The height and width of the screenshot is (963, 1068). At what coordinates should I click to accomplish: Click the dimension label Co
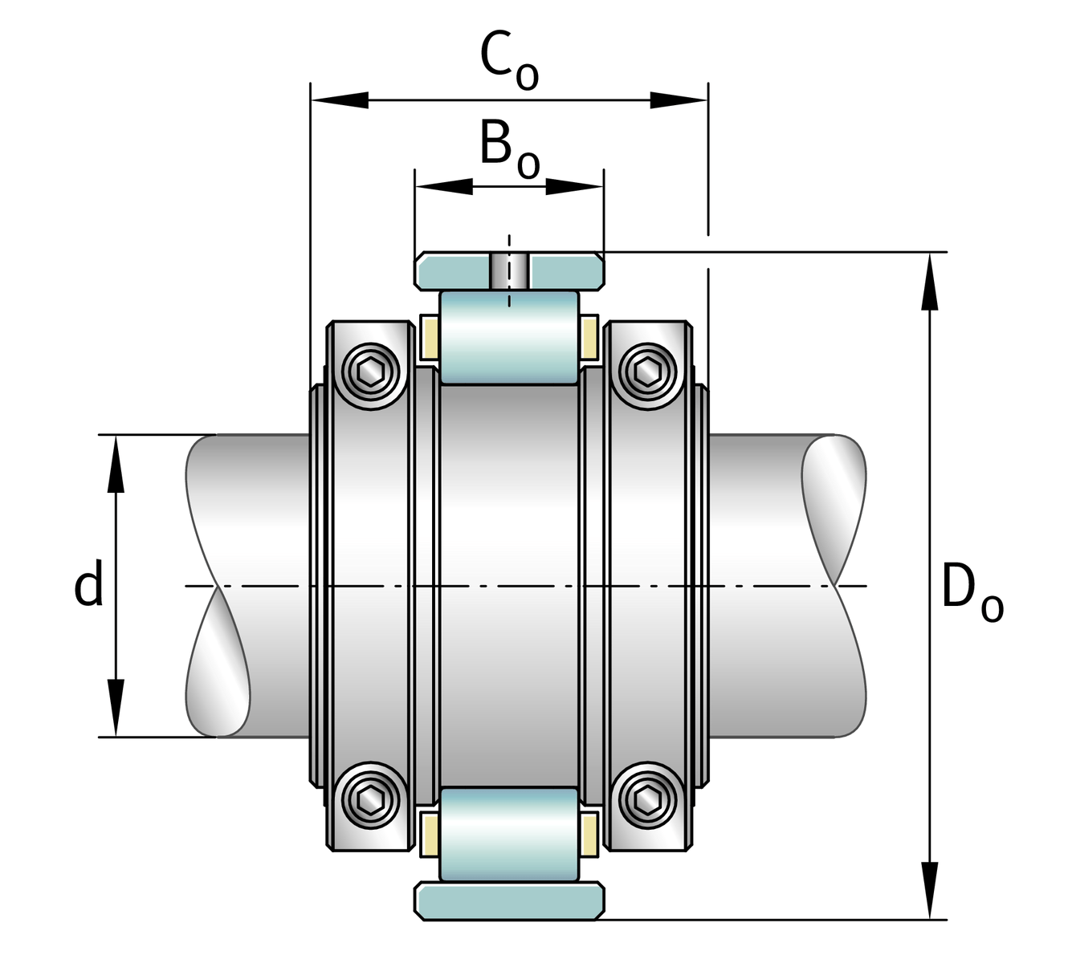point(508,61)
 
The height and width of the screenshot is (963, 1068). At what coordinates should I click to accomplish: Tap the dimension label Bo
point(508,148)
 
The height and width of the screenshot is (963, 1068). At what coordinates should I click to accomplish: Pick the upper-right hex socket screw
point(646,372)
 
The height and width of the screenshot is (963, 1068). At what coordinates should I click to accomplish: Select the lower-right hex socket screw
point(646,800)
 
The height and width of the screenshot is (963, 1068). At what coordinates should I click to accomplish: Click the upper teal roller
point(509,337)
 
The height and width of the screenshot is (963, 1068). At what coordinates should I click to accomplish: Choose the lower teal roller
point(509,835)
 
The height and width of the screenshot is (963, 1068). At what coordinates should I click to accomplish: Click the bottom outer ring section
point(509,900)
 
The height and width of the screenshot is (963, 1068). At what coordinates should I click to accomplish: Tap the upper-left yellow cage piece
point(429,337)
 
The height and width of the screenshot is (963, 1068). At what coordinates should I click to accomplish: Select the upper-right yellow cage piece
point(589,337)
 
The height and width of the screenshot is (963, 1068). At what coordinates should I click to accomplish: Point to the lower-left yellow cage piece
point(429,835)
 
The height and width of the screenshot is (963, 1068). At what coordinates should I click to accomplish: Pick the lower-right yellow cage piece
point(589,835)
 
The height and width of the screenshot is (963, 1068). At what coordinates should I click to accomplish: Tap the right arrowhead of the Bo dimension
point(575,186)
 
